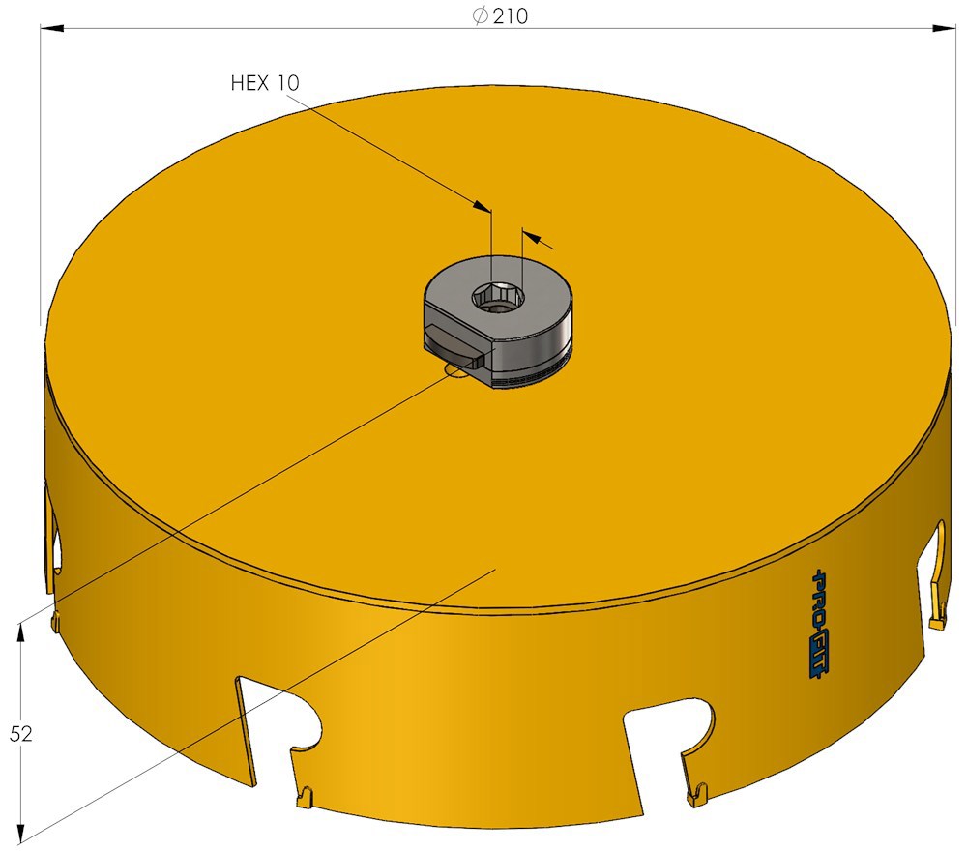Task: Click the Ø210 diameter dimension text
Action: tap(500, 15)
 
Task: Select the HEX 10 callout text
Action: tap(265, 82)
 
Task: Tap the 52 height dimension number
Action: tap(20, 734)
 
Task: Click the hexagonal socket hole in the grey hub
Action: tap(499, 297)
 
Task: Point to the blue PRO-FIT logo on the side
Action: tap(820, 624)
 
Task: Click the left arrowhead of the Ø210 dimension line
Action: tap(52, 28)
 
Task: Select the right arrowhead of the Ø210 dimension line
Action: tap(945, 28)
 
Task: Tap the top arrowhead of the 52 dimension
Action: tap(20, 633)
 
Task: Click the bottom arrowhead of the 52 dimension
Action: tap(20, 832)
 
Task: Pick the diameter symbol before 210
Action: tap(480, 15)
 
